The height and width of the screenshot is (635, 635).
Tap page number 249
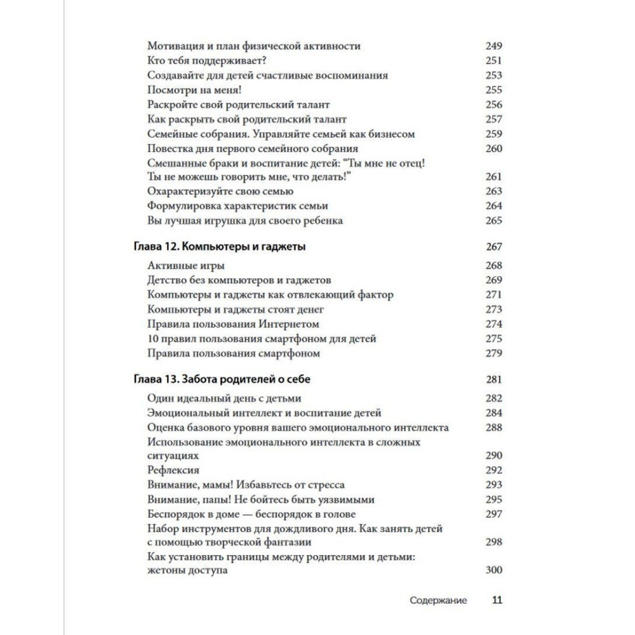[493, 46]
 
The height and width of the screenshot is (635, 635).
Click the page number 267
[493, 248]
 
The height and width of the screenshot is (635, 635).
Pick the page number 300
[493, 571]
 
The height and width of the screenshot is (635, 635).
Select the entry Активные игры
[185, 266]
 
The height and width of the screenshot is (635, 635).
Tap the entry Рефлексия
[173, 471]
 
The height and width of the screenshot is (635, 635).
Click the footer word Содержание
[438, 600]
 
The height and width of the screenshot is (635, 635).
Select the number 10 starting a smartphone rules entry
[152, 339]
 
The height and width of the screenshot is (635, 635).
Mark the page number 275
[493, 339]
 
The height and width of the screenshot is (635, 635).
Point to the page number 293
[493, 485]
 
